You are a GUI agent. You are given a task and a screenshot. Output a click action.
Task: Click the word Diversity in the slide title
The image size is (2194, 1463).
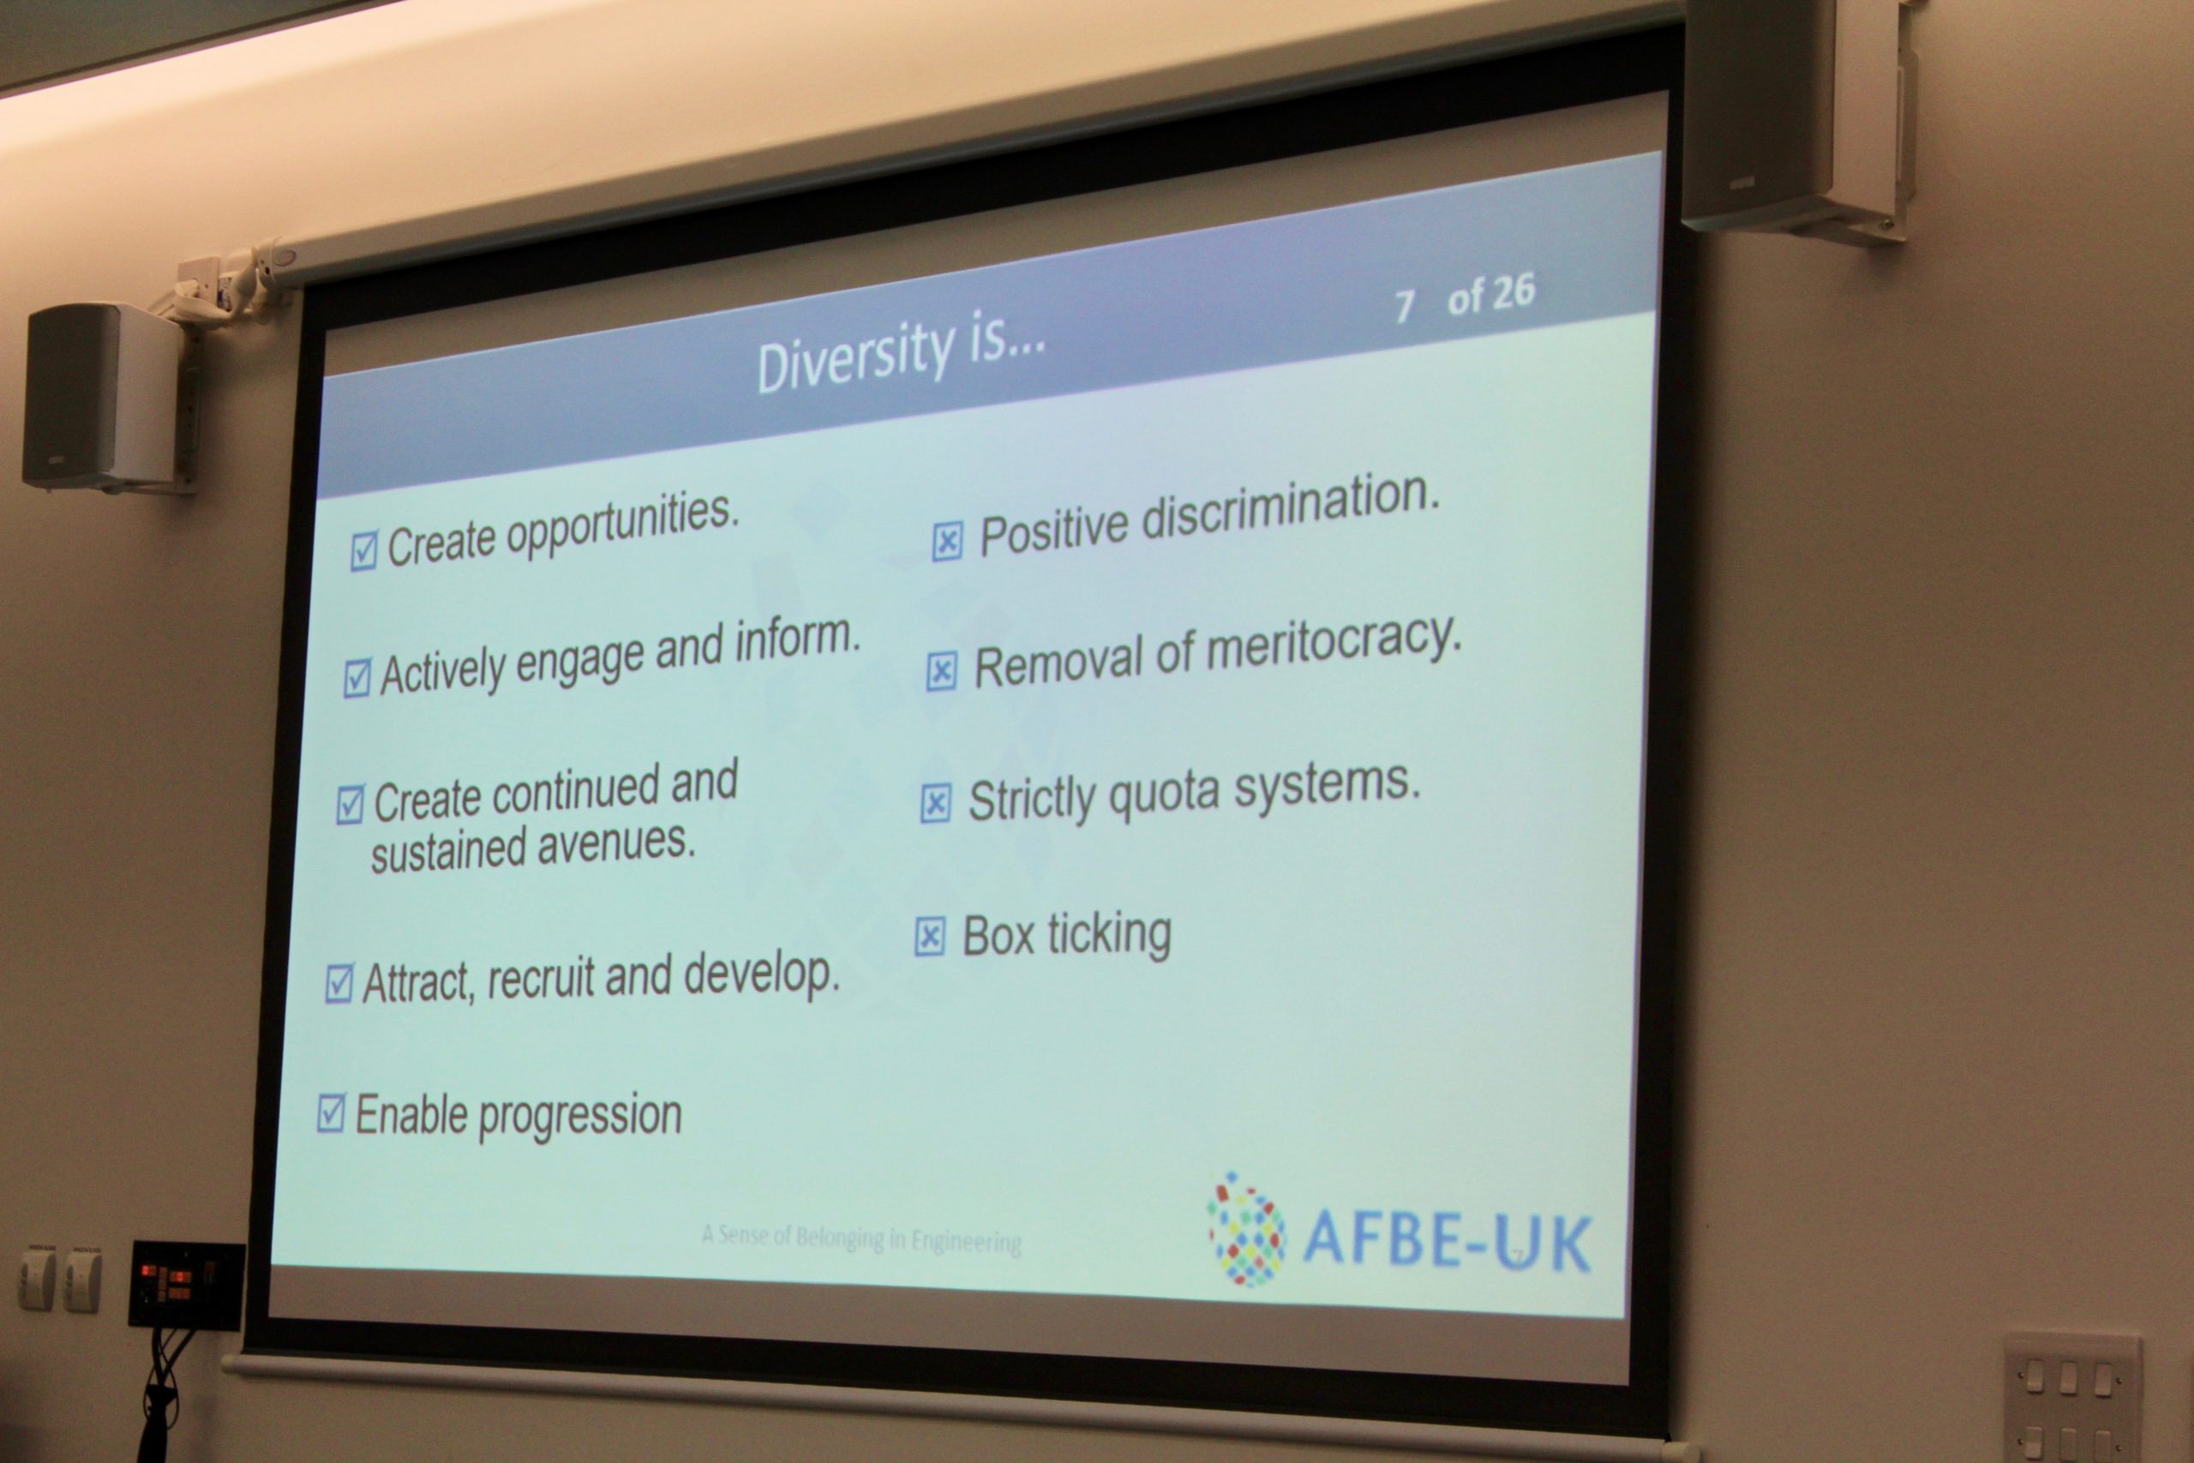pos(855,357)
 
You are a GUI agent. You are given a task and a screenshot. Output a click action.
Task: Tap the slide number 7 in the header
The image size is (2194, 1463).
pos(1404,305)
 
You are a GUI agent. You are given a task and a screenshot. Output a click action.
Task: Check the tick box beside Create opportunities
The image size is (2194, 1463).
pos(363,550)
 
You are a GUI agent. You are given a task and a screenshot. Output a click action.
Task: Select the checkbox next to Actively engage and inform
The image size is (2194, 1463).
pos(357,678)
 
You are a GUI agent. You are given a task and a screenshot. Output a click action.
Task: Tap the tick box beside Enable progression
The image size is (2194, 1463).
pos(331,1112)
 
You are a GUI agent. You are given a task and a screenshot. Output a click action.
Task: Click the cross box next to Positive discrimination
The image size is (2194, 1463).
pos(947,541)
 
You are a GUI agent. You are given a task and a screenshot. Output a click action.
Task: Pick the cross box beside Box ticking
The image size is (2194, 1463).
pos(930,936)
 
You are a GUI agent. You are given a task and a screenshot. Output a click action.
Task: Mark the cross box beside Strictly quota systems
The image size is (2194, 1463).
pos(936,803)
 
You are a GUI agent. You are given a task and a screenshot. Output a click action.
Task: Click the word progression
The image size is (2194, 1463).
pos(580,1116)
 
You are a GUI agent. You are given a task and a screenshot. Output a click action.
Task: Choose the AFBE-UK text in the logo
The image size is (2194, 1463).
pos(1447,1242)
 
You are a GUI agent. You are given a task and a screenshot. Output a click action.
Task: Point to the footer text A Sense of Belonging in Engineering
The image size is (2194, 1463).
pos(861,1238)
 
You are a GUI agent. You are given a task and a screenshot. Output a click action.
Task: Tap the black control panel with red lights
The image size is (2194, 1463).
pos(187,1285)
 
